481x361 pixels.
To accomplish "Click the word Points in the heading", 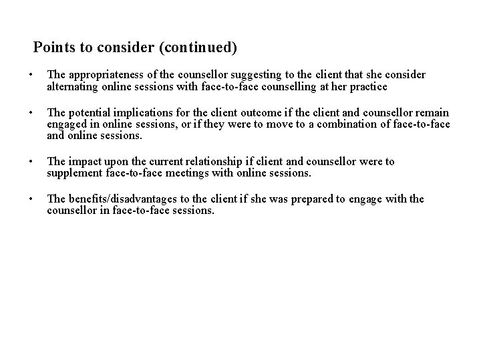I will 53,48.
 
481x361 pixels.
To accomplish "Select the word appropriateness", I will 104,75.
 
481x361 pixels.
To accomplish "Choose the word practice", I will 367,87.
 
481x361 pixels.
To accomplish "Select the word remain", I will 430,112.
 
